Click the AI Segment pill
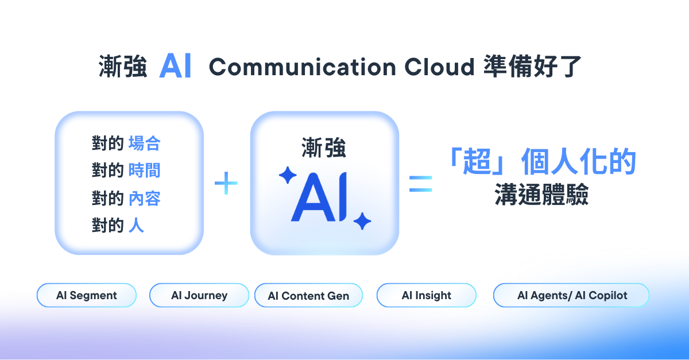pos(87,296)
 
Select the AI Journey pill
pos(199,296)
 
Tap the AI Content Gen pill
pos(308,296)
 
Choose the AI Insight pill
pos(426,296)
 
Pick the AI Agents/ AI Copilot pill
pos(571,296)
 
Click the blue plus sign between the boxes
pos(226,184)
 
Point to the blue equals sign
pos(420,184)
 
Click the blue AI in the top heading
pos(176,67)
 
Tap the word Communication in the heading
pos(303,67)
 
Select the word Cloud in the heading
pos(439,67)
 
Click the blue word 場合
pos(144,143)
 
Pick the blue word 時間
pos(144,171)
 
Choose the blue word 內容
pos(144,198)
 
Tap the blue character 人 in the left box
pos(136,226)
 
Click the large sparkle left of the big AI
pos(287,175)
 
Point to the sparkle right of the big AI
pos(362,220)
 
